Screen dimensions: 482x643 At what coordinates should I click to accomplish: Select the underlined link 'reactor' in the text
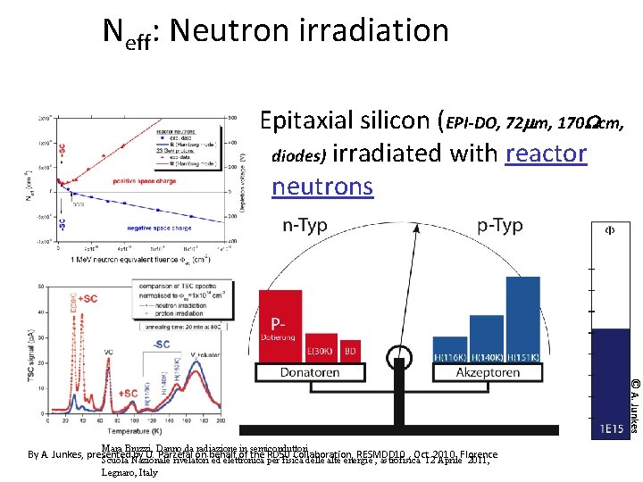click(546, 154)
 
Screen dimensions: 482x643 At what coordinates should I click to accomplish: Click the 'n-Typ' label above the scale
click(305, 226)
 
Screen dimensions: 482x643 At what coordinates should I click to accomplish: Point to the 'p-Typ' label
click(499, 226)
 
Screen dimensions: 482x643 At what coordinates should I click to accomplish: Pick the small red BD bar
click(351, 350)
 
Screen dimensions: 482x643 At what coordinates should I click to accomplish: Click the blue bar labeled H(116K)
click(449, 349)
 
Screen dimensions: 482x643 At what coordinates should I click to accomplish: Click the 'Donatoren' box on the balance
click(309, 371)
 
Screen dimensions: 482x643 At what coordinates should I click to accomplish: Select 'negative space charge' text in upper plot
click(156, 228)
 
